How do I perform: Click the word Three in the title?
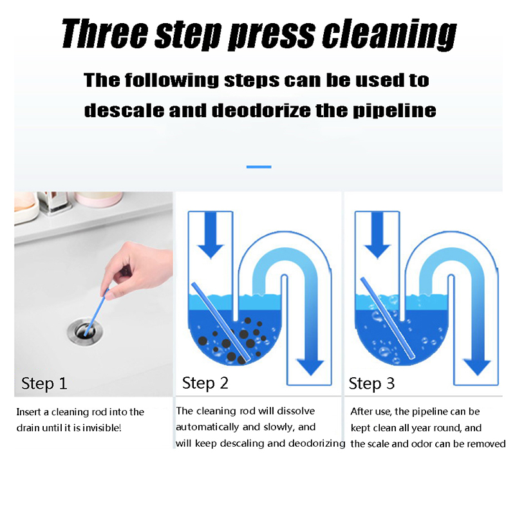(x=105, y=33)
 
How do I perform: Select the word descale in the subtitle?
(x=124, y=110)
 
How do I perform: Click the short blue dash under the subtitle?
(x=259, y=167)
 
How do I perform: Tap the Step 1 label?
(x=44, y=383)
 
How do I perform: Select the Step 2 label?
(x=205, y=383)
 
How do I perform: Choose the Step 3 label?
(x=371, y=383)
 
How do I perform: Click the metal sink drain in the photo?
(x=85, y=331)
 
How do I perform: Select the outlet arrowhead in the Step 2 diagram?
(x=310, y=366)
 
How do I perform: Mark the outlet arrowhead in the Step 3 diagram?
(x=477, y=366)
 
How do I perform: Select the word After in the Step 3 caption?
(x=360, y=411)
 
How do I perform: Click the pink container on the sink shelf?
(x=98, y=200)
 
